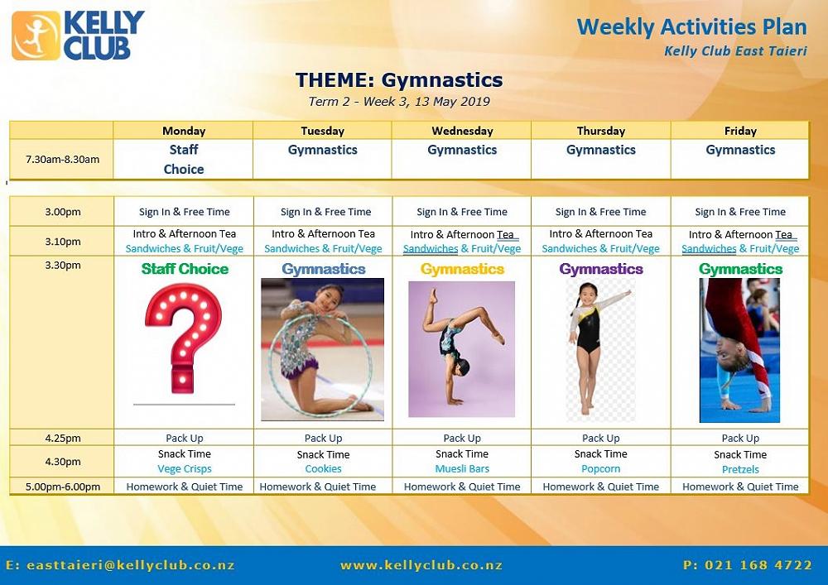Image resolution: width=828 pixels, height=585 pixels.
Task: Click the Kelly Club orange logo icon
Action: [36, 36]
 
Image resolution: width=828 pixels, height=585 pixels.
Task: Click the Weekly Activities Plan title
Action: [691, 27]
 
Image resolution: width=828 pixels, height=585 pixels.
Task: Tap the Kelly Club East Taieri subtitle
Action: [735, 51]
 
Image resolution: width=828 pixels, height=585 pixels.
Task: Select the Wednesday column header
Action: [462, 131]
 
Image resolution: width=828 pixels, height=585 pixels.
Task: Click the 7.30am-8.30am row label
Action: [62, 160]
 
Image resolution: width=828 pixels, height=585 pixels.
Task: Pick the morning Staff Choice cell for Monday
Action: [184, 160]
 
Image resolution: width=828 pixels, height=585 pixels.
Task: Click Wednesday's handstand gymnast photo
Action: [461, 349]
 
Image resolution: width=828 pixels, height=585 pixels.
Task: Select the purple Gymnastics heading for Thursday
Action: [601, 269]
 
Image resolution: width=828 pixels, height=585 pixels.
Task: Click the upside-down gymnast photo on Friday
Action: [739, 350]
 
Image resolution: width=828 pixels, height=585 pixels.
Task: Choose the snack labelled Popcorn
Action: [601, 469]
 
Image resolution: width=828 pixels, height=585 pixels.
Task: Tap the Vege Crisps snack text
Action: [185, 469]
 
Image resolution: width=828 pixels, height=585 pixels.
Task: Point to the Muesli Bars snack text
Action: [462, 469]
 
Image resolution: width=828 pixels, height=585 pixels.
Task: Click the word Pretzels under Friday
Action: [740, 469]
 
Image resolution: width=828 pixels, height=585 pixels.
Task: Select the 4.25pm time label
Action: [63, 439]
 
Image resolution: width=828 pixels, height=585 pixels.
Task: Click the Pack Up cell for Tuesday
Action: [323, 439]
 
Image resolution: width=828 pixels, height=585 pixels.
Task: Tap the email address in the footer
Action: [121, 565]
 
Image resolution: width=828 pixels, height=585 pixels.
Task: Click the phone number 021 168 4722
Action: [748, 565]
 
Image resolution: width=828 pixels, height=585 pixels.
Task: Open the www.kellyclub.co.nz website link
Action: [421, 565]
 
